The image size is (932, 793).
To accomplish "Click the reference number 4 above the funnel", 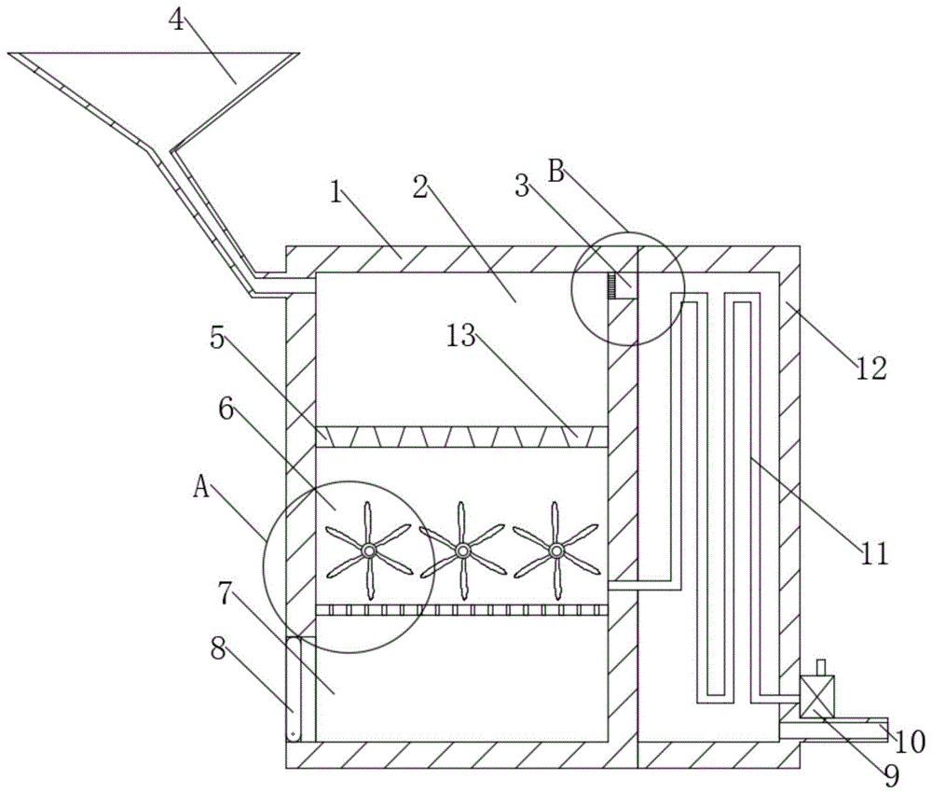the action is click(176, 20).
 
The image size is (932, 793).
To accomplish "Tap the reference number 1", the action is click(336, 192).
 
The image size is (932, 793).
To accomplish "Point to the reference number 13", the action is click(461, 336).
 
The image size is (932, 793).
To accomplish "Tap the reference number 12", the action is click(871, 369).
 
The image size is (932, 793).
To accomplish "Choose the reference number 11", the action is click(874, 553).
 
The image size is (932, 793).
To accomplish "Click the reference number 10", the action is click(910, 742).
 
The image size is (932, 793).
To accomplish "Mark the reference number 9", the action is click(890, 774).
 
